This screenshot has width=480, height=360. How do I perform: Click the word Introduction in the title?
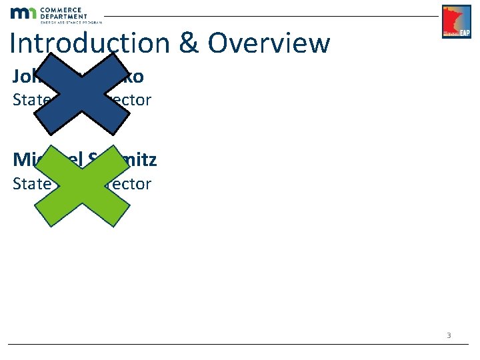click(91, 43)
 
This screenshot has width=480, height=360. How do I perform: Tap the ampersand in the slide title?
click(188, 43)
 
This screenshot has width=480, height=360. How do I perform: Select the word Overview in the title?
click(269, 43)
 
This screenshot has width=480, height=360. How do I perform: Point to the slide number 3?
click(449, 335)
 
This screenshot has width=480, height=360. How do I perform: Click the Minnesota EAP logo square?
click(456, 22)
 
